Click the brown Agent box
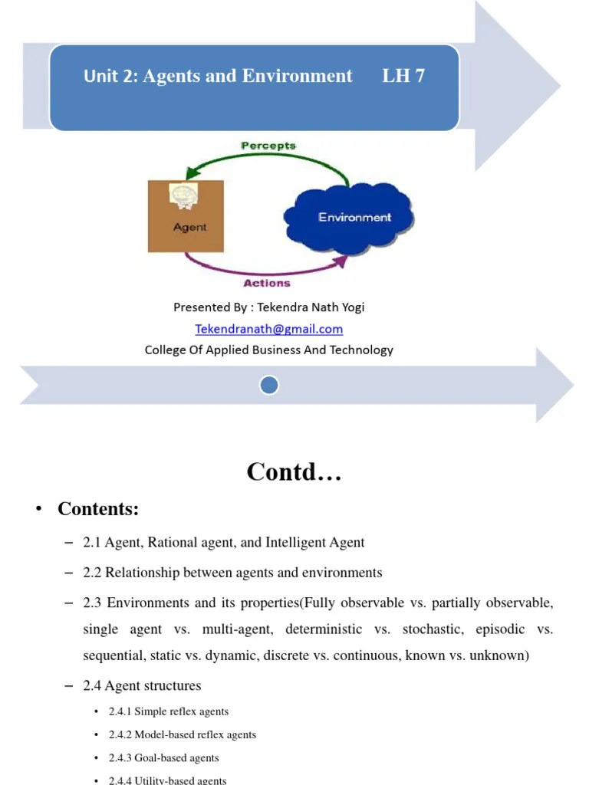pos(186,217)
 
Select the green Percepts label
pos(268,145)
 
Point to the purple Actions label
pos(267,284)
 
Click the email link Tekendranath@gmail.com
pos(268,329)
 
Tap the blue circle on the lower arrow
pos(268,385)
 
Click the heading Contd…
pos(294,472)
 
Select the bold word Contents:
pos(98,509)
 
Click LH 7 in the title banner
pos(403,76)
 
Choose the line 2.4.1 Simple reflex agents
pos(169,712)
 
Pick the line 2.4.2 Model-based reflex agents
pos(183,735)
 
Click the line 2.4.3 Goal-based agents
pos(163,758)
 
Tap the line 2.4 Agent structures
pos(143,685)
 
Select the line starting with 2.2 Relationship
pos(232,573)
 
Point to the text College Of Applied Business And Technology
pos(268,350)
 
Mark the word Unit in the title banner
pos(100,76)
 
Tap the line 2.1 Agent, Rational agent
pos(224,543)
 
